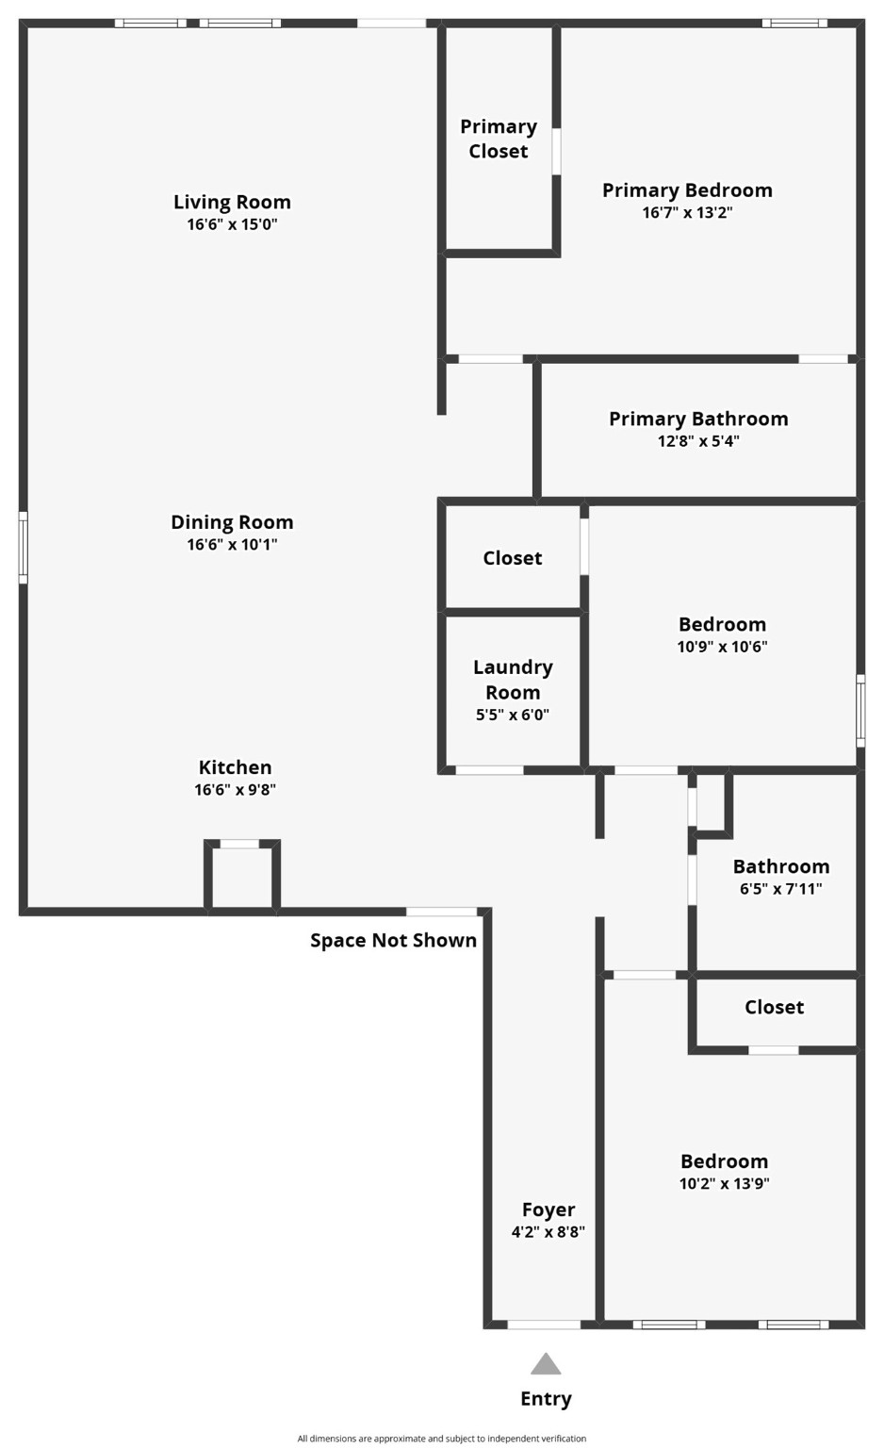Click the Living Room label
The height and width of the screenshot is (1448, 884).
pos(232,202)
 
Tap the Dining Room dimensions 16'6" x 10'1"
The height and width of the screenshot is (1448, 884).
pos(232,544)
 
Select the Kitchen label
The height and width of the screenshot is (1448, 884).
pos(235,767)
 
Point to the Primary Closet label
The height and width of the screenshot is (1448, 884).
pos(499,139)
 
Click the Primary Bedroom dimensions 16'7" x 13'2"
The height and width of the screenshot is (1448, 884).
pos(687,212)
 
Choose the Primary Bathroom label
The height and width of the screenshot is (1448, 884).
pos(698,419)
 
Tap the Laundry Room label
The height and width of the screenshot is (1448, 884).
pos(513,679)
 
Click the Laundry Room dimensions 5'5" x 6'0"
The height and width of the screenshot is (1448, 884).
pos(513,715)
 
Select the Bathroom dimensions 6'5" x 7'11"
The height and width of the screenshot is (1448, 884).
pos(781,888)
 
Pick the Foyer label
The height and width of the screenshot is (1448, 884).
pos(548,1209)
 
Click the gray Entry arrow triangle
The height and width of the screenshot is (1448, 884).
pos(546,1364)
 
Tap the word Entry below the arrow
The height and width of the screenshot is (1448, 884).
pos(546,1399)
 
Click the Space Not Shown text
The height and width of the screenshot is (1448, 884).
pos(393,940)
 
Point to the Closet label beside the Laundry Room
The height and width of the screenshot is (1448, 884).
pos(513,558)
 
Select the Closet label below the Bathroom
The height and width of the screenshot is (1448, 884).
pos(774,1007)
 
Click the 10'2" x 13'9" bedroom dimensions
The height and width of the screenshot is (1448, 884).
pos(724,1184)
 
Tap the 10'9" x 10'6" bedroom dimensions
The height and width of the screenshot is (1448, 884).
pos(722,647)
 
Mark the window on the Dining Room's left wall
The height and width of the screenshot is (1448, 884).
pos(23,547)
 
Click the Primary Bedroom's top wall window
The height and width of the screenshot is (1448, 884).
pos(794,23)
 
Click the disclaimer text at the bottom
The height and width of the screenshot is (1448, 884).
pos(442,1439)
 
